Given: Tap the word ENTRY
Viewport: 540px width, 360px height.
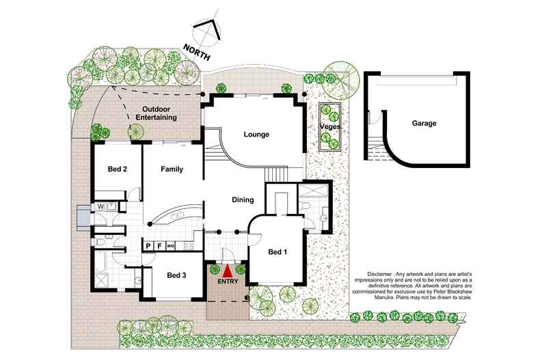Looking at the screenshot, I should (228, 281).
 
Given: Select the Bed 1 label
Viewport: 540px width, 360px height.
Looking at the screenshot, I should (277, 252).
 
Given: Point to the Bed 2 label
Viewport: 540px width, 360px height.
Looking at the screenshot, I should (118, 169).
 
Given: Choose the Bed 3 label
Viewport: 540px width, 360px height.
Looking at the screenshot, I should (177, 275).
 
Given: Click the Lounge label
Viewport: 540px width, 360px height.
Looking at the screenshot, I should (256, 135).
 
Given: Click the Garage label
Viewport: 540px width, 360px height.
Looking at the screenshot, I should (424, 124).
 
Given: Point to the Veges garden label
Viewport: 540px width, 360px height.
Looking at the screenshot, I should (331, 126).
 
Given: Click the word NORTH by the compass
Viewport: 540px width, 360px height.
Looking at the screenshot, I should (196, 52).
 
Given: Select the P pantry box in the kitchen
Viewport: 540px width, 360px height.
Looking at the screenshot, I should (148, 245).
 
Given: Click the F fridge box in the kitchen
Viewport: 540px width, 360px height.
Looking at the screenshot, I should (159, 245).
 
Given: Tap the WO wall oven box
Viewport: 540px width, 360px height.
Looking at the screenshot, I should (171, 245).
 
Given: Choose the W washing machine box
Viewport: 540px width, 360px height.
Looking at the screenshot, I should (100, 205).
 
